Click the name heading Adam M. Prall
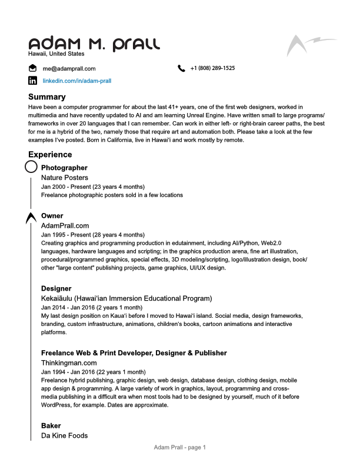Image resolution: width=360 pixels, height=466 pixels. click(x=94, y=44)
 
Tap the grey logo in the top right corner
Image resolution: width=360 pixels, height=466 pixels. click(x=311, y=45)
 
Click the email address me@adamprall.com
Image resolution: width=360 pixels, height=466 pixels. click(x=69, y=68)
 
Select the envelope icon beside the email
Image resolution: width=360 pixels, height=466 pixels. click(x=32, y=68)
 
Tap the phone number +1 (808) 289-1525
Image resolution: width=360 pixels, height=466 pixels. click(x=212, y=68)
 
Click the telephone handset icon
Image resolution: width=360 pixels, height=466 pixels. click(x=181, y=68)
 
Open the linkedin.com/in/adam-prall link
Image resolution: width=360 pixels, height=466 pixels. click(x=77, y=81)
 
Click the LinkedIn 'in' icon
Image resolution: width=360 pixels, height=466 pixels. click(x=32, y=81)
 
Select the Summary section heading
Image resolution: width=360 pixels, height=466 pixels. click(x=47, y=96)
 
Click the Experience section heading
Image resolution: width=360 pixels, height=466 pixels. click(x=50, y=154)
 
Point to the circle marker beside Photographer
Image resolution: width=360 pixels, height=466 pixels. click(x=31, y=168)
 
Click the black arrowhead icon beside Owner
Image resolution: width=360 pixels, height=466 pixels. click(x=31, y=218)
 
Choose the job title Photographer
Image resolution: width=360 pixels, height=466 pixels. click(x=64, y=168)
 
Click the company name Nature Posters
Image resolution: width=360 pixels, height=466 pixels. click(x=65, y=177)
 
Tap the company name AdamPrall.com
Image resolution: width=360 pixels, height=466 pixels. click(x=65, y=225)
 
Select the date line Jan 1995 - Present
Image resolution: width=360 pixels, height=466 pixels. click(x=92, y=234)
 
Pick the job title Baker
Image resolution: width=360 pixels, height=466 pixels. click(x=51, y=425)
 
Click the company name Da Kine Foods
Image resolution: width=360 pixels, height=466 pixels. click(x=64, y=435)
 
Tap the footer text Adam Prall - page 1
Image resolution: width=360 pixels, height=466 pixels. click(x=180, y=448)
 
